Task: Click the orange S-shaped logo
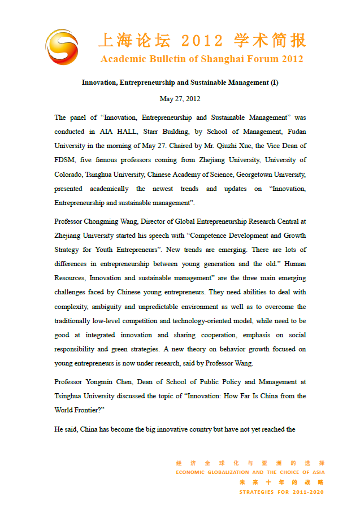coord(62,46)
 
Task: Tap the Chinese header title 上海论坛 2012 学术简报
coord(202,41)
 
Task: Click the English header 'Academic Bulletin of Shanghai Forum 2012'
coord(202,59)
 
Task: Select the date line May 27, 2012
coord(180,99)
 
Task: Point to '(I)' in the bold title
coord(274,82)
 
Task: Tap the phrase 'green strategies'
coord(133,350)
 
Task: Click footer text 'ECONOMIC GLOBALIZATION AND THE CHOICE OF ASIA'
coord(250,472)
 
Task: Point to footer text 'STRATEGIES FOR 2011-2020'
coord(281,492)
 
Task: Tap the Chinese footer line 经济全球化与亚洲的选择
coord(250,463)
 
